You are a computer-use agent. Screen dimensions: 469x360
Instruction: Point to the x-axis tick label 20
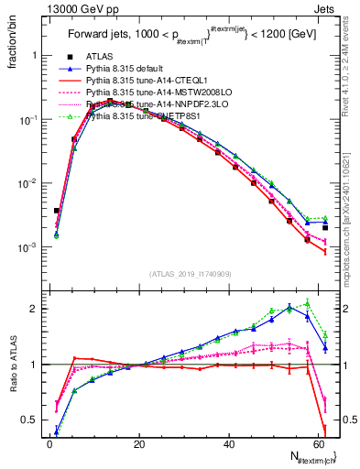tap(139, 445)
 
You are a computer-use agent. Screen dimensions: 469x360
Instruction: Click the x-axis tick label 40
tap(229, 445)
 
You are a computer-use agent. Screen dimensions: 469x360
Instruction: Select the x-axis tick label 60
tap(318, 445)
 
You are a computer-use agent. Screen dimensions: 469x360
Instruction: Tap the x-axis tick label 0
tap(49, 445)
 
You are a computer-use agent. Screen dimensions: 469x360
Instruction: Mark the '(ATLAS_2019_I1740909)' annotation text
tap(190, 274)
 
